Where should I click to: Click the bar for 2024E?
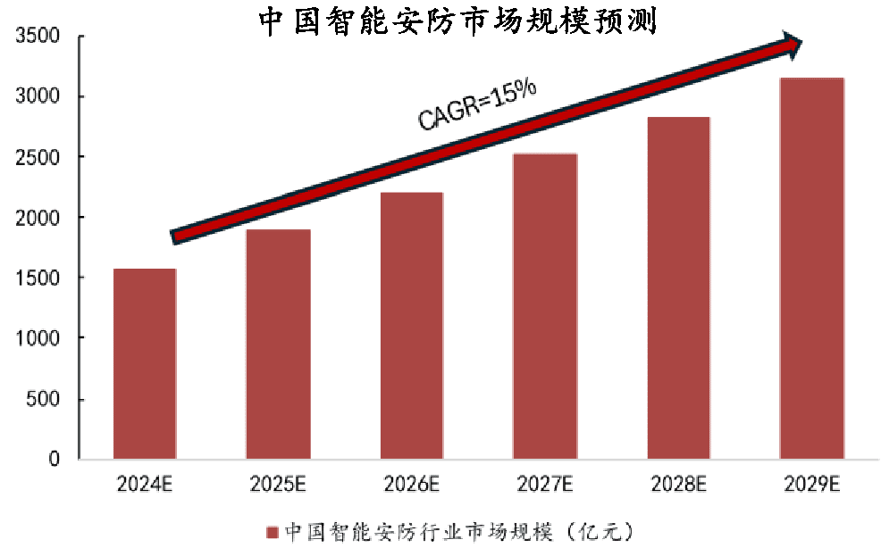pos(145,364)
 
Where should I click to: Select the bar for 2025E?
pos(279,345)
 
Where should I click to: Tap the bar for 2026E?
pos(412,326)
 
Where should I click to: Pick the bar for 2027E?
pos(545,307)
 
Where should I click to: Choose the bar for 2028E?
pos(678,288)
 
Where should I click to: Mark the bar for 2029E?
pos(811,269)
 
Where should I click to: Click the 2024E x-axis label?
pos(145,485)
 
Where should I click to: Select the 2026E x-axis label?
pos(412,485)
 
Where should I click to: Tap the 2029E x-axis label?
pos(811,485)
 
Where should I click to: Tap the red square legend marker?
pos(273,533)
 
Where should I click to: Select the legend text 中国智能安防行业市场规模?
pos(420,533)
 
